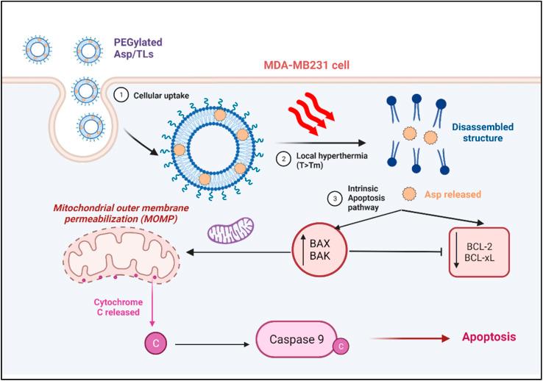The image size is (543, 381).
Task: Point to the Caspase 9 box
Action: pos(299,341)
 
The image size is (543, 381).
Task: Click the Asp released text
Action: pos(453,195)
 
